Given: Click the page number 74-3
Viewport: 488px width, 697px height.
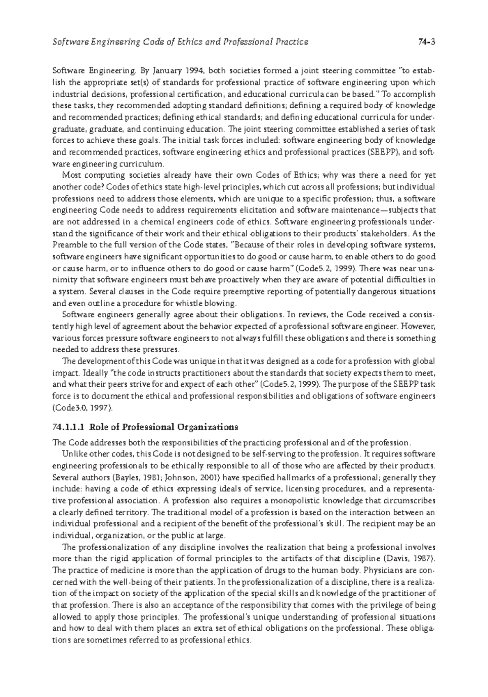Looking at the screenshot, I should point(427,42).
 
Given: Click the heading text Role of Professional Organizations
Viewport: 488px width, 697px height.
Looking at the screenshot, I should point(163,427).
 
